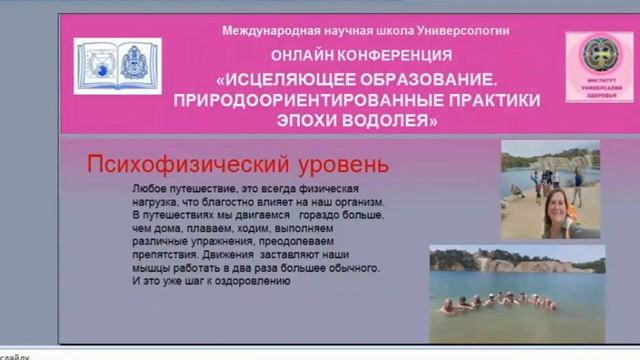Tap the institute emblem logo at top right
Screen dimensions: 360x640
pyautogui.click(x=599, y=66)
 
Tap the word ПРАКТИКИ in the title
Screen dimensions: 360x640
pyautogui.click(x=486, y=100)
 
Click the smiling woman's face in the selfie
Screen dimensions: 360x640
pyautogui.click(x=554, y=212)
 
